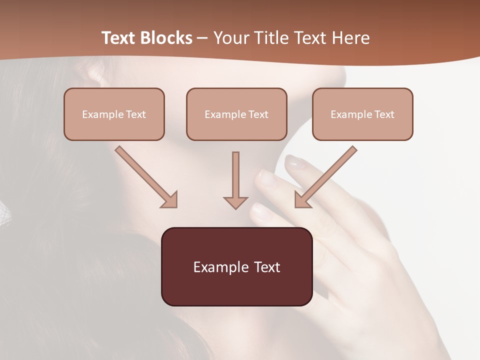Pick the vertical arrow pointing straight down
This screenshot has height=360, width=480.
click(235, 180)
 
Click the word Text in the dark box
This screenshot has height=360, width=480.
click(267, 267)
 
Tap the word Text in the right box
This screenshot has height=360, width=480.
click(384, 114)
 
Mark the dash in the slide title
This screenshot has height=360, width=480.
click(202, 38)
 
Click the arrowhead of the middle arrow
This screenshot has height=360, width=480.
click(235, 202)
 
